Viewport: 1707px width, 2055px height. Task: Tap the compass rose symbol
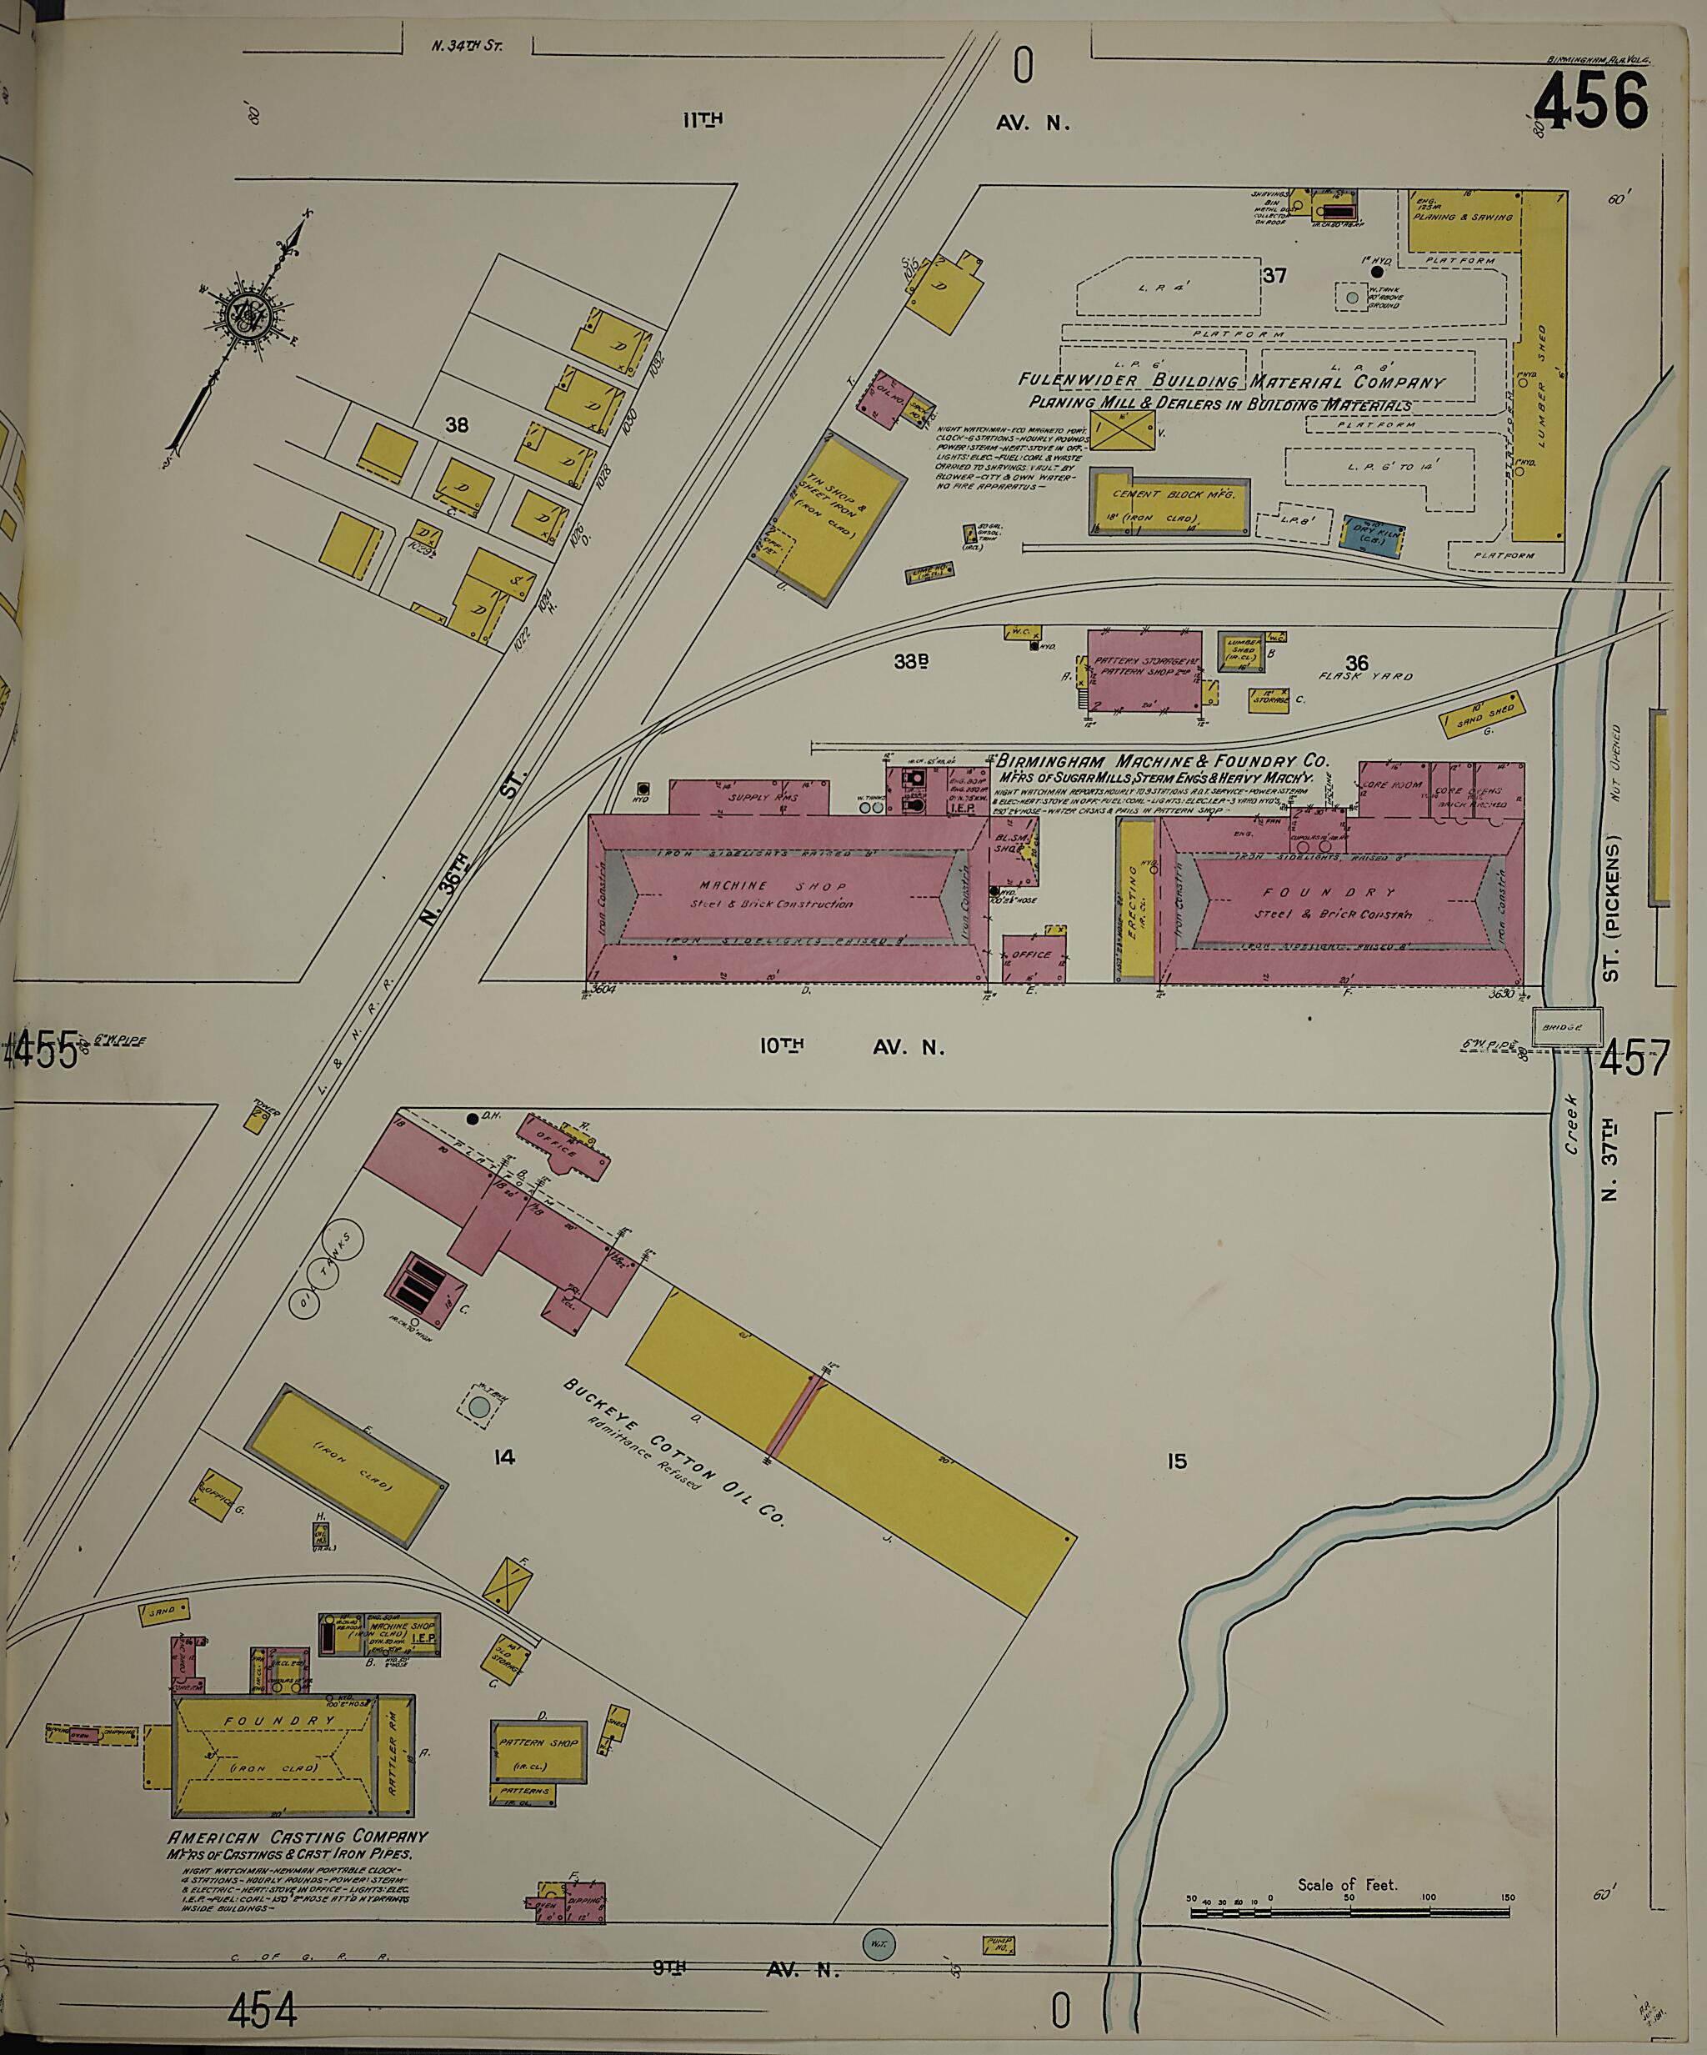(243, 314)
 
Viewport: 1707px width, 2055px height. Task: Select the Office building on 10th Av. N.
(1033, 957)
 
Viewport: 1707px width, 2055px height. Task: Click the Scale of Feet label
(1347, 1884)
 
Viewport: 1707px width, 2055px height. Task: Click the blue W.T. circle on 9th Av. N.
(879, 1943)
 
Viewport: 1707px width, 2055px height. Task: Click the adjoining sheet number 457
(1634, 1060)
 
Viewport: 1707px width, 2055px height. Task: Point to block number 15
(1176, 1488)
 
